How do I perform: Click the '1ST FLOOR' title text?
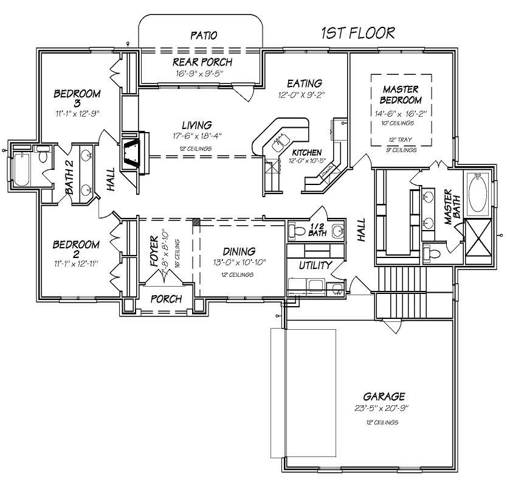(x=358, y=33)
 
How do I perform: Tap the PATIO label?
(x=203, y=35)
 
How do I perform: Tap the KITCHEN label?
(x=306, y=152)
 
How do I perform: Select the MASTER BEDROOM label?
(x=401, y=94)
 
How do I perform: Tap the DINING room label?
(x=238, y=251)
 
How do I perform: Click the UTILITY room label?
(x=315, y=265)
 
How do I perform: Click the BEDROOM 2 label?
(x=75, y=245)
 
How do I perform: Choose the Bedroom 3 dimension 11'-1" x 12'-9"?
(x=77, y=113)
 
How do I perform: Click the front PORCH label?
(x=165, y=299)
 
